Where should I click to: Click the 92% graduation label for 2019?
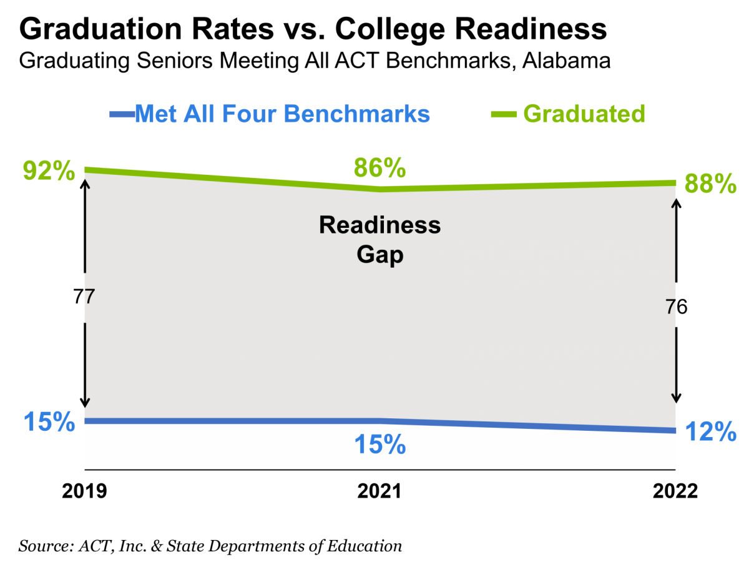49,170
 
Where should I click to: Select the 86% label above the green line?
379,167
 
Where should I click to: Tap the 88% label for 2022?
710,184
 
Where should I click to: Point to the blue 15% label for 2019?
49,421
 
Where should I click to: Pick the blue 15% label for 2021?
379,445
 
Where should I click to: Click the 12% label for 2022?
710,431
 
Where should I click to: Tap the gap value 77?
84,296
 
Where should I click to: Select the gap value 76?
676,307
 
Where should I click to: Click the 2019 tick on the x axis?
84,491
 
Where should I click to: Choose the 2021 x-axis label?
379,491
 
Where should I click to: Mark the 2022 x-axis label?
675,491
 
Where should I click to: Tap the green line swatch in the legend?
503,114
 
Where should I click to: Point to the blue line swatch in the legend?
122,114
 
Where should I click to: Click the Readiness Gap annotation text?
379,240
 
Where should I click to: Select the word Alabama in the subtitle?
566,61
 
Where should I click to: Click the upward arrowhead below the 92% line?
85,184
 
